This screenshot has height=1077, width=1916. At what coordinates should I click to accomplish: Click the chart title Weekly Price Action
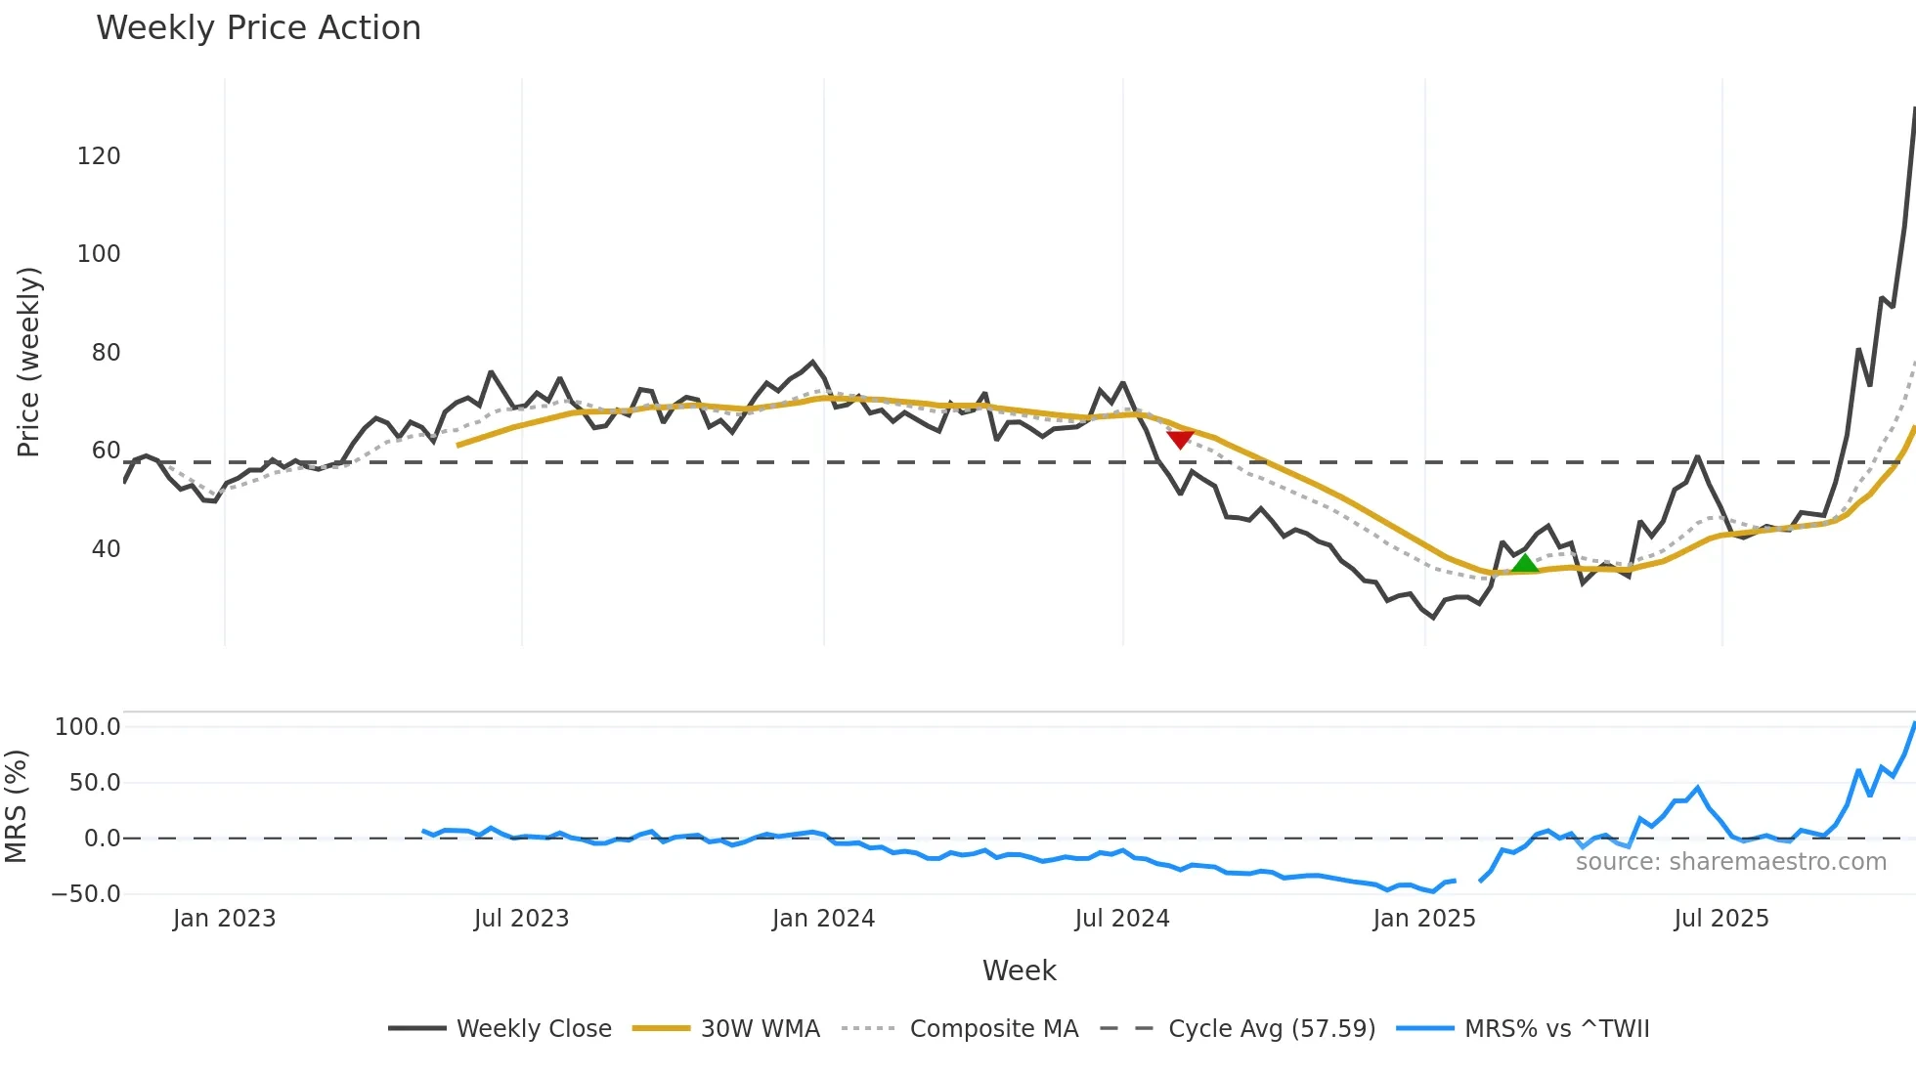258,28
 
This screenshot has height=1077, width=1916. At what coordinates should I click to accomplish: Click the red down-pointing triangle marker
1180,440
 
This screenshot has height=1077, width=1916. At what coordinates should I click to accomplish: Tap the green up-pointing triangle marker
1524,563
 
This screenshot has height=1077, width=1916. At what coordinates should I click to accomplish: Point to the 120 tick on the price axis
99,156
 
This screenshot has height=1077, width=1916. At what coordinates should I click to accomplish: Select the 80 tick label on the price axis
106,353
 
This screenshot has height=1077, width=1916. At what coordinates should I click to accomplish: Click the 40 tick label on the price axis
106,549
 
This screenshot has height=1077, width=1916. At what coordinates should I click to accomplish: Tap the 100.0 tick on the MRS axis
88,727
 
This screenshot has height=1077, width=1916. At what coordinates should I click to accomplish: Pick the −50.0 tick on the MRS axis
86,894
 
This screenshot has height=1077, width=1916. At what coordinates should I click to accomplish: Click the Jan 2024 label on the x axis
823,919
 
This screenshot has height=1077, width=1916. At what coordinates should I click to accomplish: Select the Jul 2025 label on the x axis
1721,919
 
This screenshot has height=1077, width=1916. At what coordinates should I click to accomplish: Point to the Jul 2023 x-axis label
521,919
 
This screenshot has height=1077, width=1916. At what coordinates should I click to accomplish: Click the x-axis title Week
1019,970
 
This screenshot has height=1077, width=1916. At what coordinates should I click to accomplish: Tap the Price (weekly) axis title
28,362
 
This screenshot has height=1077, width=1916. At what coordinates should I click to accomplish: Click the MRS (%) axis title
16,806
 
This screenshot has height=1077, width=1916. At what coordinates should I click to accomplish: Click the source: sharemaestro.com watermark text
1730,862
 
